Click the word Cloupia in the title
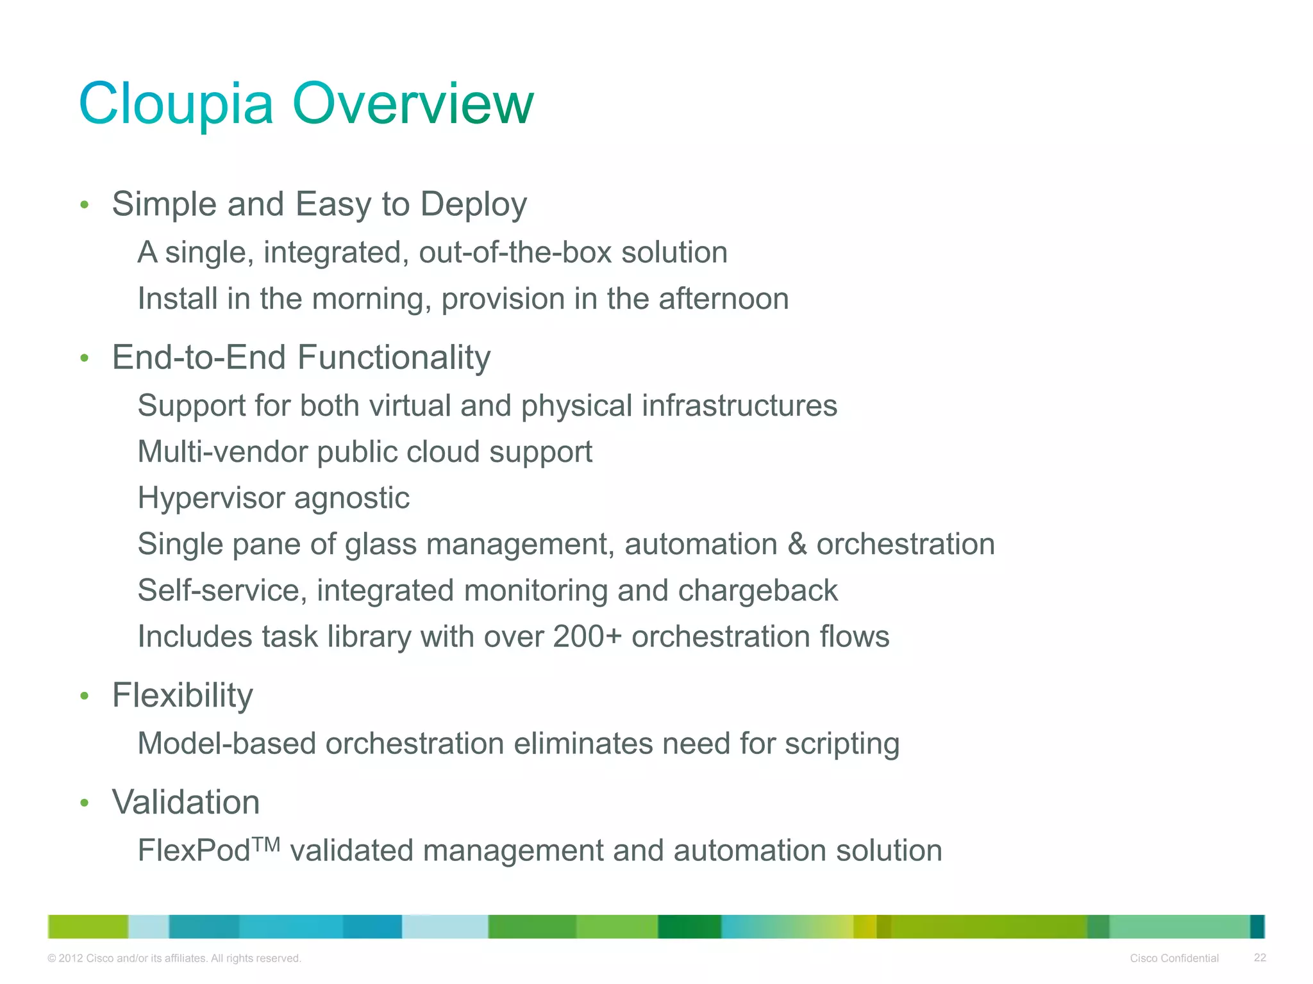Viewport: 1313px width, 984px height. pyautogui.click(x=176, y=104)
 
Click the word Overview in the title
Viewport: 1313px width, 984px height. pyautogui.click(x=413, y=104)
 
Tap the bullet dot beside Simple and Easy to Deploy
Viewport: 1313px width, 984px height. pyautogui.click(x=84, y=205)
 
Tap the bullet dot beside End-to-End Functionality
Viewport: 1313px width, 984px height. pyautogui.click(x=84, y=358)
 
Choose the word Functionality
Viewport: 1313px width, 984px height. pyautogui.click(x=394, y=357)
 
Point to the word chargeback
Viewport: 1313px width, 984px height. pyautogui.click(x=758, y=591)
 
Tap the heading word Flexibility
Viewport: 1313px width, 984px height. pyautogui.click(x=182, y=696)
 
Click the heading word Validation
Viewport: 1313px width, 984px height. pyautogui.click(x=186, y=803)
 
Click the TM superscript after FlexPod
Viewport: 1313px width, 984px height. pyautogui.click(x=265, y=845)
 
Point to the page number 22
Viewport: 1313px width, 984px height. pyautogui.click(x=1260, y=958)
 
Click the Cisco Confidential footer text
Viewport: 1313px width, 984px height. pyautogui.click(x=1174, y=958)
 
